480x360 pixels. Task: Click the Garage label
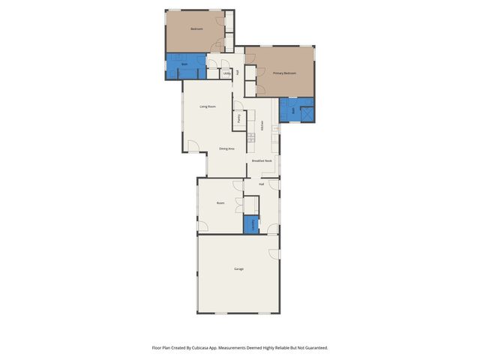coord(238,268)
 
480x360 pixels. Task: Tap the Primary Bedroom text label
coord(284,73)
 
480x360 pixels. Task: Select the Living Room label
coord(208,106)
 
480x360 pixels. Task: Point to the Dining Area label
coord(226,148)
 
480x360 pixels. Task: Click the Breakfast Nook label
coord(262,160)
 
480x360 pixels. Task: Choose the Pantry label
coord(238,118)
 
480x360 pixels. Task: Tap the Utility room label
coord(226,73)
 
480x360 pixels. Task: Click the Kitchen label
coord(262,127)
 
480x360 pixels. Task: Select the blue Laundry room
coord(251,224)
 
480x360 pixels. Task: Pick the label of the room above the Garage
coord(220,203)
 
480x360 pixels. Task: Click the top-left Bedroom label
coord(196,29)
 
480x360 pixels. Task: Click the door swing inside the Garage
coord(274,253)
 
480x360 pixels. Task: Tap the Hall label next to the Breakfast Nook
coord(262,184)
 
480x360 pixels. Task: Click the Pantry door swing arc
coord(238,106)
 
